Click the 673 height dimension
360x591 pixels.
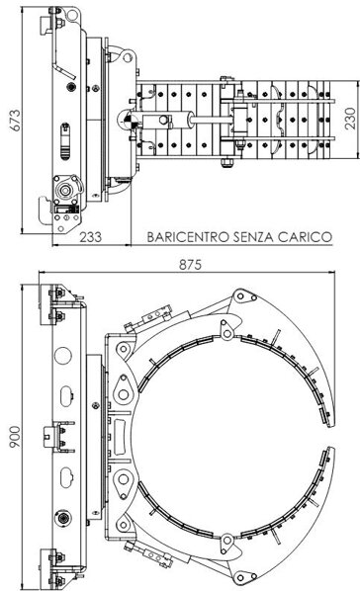pyautogui.click(x=16, y=121)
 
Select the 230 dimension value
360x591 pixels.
pyautogui.click(x=350, y=119)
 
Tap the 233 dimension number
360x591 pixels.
pyautogui.click(x=91, y=237)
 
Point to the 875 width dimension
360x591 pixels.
pyautogui.click(x=190, y=265)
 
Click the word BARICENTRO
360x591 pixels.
pyautogui.click(x=188, y=237)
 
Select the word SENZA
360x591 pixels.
pyautogui.click(x=253, y=237)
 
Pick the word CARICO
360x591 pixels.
pyautogui.click(x=305, y=237)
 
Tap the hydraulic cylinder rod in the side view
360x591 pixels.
pyautogui.click(x=212, y=121)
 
